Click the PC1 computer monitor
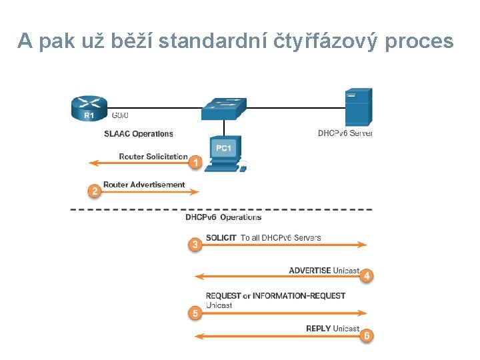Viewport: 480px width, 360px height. (x=223, y=150)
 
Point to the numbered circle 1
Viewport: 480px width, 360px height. (x=195, y=162)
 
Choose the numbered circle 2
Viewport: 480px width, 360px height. (x=95, y=191)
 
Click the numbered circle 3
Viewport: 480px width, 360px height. (x=195, y=245)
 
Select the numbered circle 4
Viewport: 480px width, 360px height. (x=366, y=276)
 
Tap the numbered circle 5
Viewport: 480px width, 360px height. (x=195, y=313)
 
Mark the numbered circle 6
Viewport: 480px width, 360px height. (x=366, y=336)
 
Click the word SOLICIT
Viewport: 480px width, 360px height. (x=221, y=237)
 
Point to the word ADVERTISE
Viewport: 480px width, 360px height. (x=309, y=271)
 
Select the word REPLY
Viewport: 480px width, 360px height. (x=318, y=329)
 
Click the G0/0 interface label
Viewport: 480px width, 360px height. (x=121, y=115)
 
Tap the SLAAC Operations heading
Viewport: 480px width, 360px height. (x=139, y=134)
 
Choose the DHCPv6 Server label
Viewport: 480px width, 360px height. (x=345, y=133)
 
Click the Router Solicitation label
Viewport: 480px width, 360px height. (x=153, y=157)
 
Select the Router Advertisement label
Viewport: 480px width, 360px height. (x=144, y=185)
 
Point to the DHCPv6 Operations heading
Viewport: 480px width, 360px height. (x=223, y=217)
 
